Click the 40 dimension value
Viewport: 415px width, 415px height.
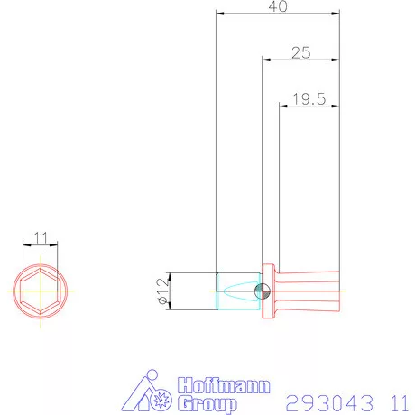(277, 7)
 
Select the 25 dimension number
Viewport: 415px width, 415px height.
(300, 53)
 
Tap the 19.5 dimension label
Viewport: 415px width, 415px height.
(309, 98)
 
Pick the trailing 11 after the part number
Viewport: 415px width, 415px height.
(398, 401)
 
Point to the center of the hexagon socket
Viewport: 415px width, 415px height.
(39, 291)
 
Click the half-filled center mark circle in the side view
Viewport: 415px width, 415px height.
(262, 291)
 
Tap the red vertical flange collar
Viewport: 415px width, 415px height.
(268, 291)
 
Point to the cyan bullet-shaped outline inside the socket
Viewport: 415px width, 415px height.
(236, 291)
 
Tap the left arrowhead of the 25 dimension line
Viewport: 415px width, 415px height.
(265, 60)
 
